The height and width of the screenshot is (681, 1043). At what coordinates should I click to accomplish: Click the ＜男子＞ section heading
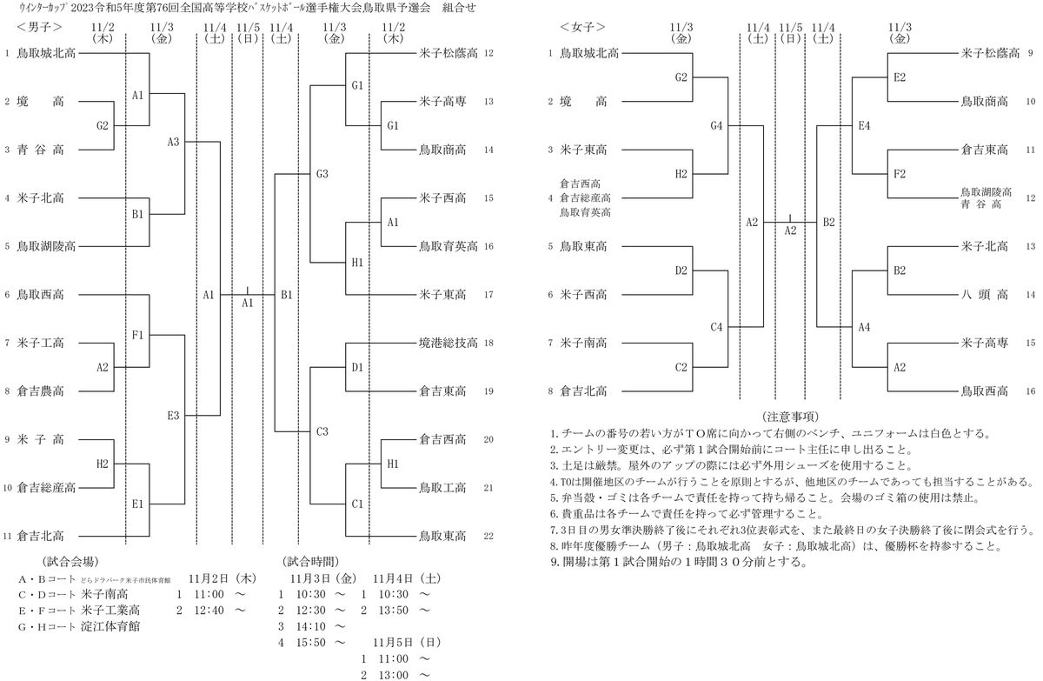coord(37,28)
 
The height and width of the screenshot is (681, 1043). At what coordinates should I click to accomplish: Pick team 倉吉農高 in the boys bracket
coord(40,391)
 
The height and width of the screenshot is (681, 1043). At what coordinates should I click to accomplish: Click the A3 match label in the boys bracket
coord(173,141)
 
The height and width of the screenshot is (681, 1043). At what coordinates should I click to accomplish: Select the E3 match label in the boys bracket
coord(173,416)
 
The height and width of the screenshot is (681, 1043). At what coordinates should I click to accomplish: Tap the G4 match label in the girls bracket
coord(716,126)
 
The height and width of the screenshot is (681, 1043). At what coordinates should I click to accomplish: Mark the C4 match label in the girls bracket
coord(716,327)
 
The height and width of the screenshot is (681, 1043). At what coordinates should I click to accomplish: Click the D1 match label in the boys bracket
coord(357,367)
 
